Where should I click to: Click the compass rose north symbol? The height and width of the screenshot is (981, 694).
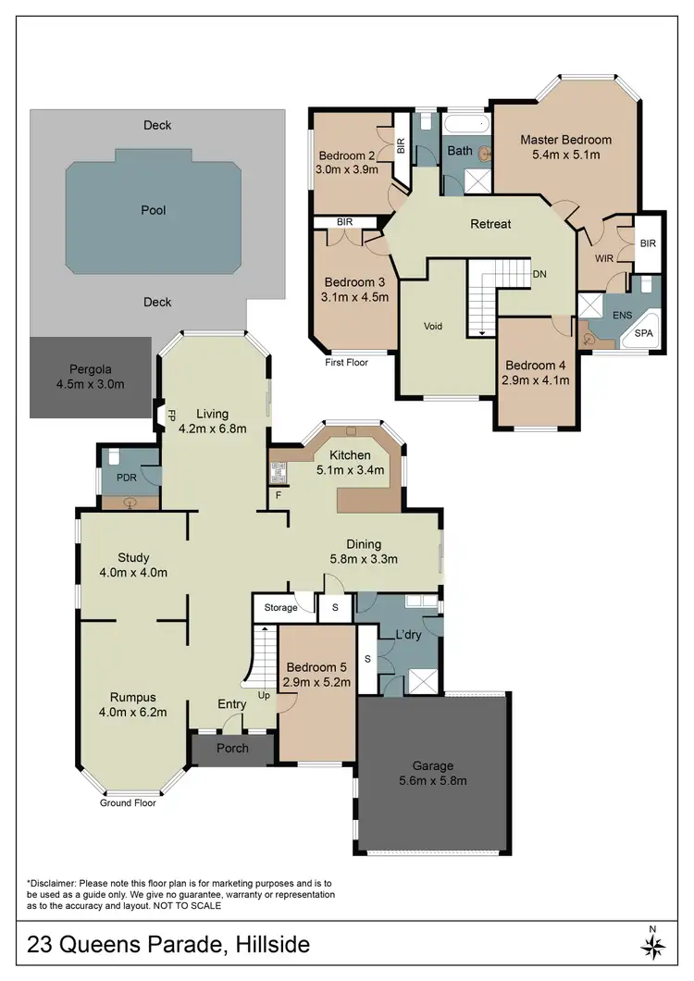pyautogui.click(x=652, y=945)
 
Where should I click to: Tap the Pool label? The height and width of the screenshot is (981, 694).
pyautogui.click(x=154, y=210)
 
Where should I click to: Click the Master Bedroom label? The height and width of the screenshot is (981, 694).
pyautogui.click(x=565, y=140)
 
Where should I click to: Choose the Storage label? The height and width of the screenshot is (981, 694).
pyautogui.click(x=280, y=608)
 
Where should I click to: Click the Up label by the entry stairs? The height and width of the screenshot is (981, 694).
pyautogui.click(x=264, y=694)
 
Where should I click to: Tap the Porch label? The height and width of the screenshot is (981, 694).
pyautogui.click(x=232, y=748)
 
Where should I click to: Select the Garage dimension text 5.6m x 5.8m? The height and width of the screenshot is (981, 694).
pyautogui.click(x=432, y=780)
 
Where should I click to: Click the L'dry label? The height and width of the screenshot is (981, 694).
pyautogui.click(x=409, y=638)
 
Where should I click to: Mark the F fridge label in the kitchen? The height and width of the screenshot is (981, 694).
pyautogui.click(x=279, y=496)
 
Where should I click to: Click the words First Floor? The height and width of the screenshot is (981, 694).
pyautogui.click(x=346, y=362)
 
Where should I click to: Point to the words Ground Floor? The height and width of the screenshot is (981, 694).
pyautogui.click(x=128, y=802)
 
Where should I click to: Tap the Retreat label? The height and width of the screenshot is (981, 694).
pyautogui.click(x=490, y=224)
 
